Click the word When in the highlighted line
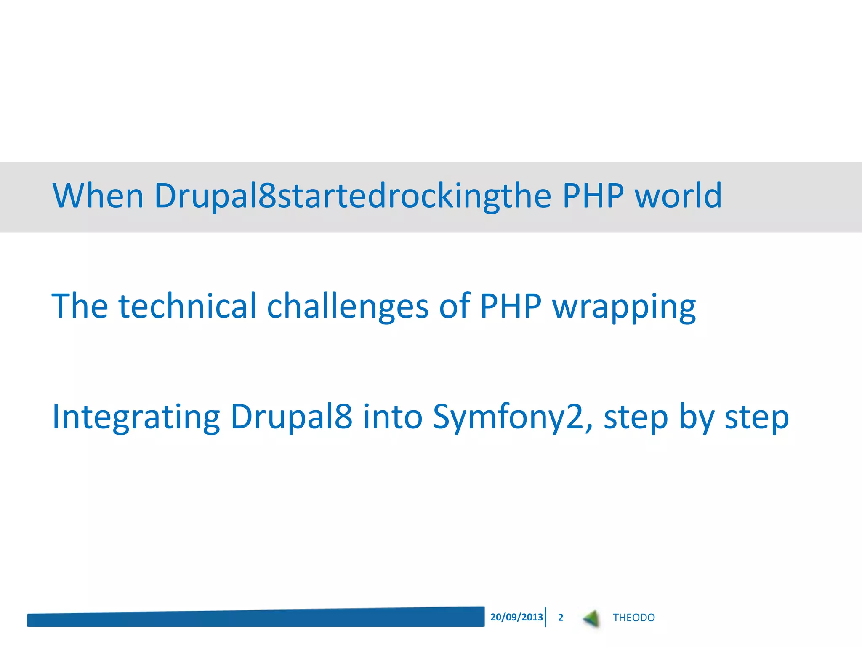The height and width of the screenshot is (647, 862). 98,196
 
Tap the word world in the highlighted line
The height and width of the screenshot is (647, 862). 678,196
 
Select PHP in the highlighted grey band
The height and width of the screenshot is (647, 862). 593,196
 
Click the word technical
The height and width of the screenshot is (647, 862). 187,306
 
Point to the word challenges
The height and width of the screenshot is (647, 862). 348,306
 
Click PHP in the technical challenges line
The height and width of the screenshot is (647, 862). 511,306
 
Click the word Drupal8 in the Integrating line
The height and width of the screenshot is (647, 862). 291,417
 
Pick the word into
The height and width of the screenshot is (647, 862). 392,417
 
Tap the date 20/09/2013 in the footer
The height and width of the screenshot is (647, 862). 516,617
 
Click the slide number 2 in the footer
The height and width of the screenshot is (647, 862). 561,618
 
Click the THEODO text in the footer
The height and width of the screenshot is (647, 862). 633,618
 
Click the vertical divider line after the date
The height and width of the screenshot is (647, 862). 546,617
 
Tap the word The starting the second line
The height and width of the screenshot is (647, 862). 80,306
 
